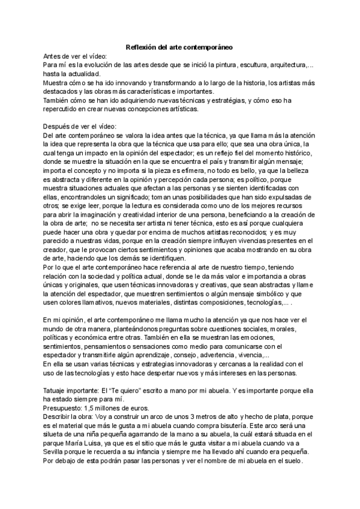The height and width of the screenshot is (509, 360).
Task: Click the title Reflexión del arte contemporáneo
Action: click(x=180, y=47)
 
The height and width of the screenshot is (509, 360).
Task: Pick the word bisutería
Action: click(x=251, y=425)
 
